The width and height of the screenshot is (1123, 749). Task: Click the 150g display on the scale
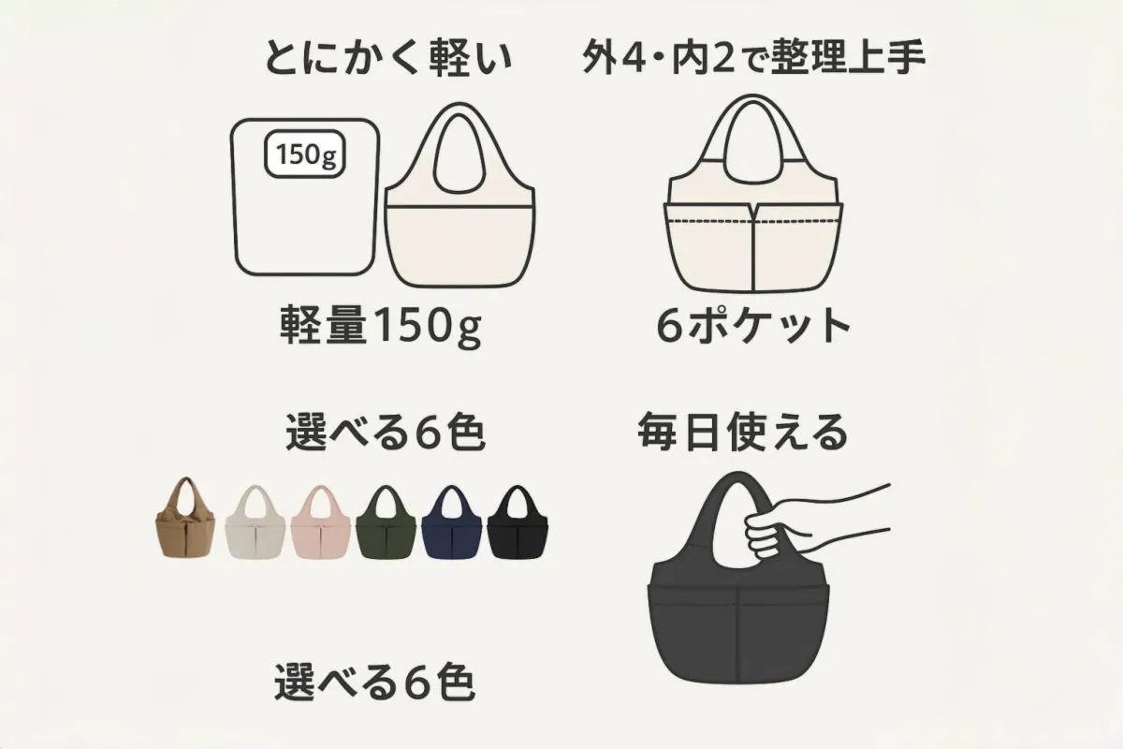pos(304,154)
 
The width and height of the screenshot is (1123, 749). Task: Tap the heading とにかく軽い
pos(388,60)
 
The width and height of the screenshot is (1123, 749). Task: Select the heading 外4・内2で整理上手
pos(753,60)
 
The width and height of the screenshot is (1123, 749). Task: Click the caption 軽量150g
pos(381,326)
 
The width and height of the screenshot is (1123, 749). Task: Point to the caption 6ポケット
pos(752,326)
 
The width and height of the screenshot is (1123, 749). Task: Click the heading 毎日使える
pos(743,433)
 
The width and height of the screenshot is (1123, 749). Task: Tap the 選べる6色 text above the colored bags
pos(385,433)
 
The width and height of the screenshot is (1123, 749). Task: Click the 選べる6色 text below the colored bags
pos(374,683)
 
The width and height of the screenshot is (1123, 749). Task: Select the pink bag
pos(321,521)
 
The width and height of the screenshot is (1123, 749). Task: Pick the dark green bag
pos(386,521)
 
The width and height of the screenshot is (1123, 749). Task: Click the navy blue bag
pos(452,521)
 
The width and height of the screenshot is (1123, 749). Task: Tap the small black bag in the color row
pos(518,521)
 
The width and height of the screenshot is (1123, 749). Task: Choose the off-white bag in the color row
pos(255,521)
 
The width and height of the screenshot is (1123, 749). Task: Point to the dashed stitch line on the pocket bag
pos(753,221)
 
